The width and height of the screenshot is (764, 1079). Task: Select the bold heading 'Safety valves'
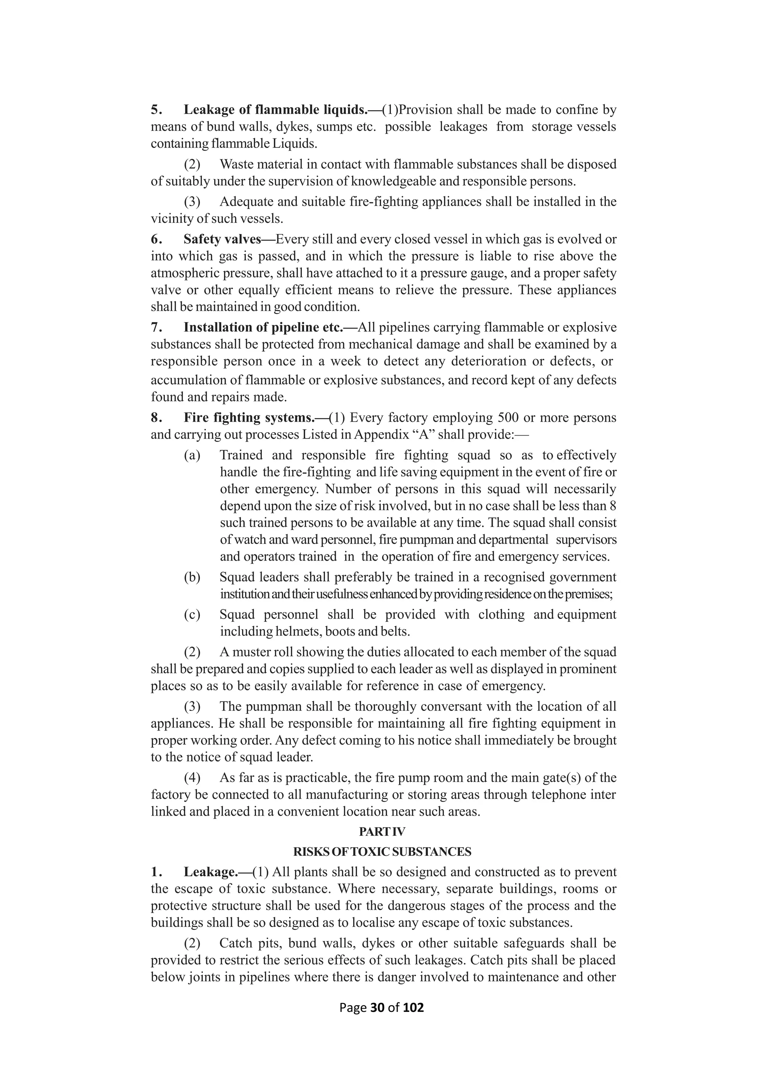(x=222, y=239)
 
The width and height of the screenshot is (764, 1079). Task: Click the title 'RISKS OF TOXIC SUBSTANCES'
(x=382, y=852)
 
